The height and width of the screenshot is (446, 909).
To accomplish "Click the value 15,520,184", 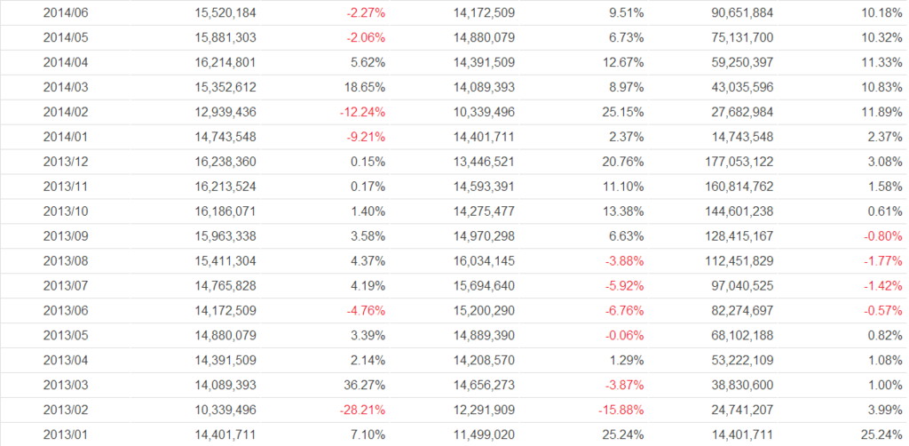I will tap(225, 12).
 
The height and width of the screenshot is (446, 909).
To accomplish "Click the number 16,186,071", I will tap(225, 211).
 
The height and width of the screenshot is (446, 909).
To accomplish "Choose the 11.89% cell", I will tap(880, 112).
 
